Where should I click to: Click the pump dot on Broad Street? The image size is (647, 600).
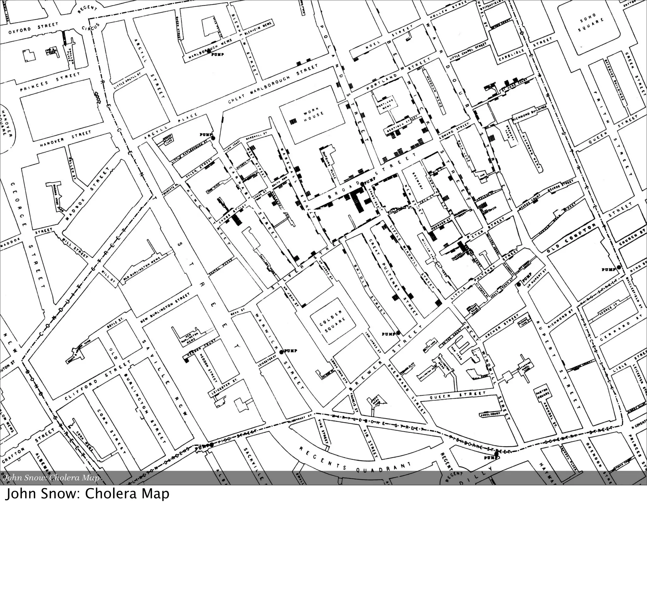click(x=362, y=184)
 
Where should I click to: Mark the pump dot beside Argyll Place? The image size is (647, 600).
click(x=213, y=138)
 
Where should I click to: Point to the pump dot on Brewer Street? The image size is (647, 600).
click(x=398, y=333)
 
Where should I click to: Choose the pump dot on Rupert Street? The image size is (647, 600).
click(x=519, y=285)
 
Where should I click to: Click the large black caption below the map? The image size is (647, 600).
click(x=87, y=494)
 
